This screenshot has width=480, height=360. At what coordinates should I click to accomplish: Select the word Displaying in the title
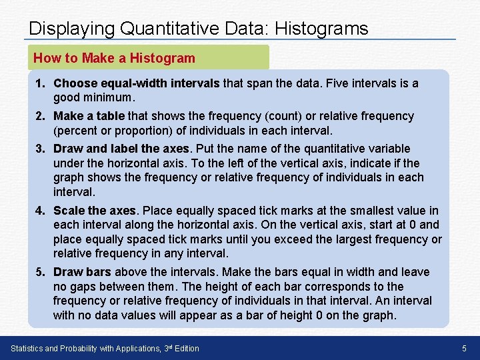72,29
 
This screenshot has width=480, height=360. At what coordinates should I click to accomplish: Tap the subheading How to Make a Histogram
114,58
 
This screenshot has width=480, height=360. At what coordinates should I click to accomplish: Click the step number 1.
40,84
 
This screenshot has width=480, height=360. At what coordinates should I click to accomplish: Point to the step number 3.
40,149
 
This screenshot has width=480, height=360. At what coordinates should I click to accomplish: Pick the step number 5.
40,272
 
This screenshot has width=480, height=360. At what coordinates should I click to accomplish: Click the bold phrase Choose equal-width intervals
136,84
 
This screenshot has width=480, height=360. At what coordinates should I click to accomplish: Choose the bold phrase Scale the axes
94,211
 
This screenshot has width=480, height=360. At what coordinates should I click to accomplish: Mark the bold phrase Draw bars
83,272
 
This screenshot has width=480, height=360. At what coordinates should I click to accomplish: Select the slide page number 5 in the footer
463,349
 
